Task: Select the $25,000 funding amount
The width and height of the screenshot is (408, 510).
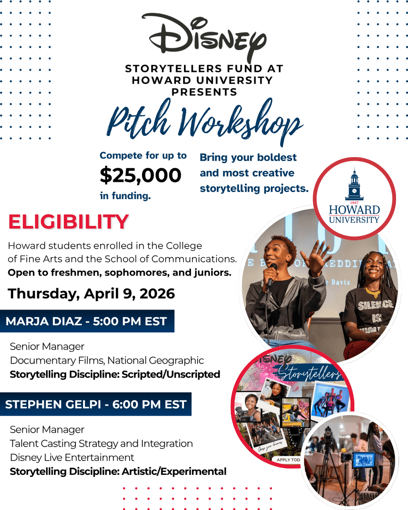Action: [x=140, y=175]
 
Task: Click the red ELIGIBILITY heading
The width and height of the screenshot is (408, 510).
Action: [x=68, y=222]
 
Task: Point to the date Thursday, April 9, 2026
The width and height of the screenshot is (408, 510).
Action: [x=91, y=294]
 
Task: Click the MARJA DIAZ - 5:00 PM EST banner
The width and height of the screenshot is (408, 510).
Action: [x=86, y=321]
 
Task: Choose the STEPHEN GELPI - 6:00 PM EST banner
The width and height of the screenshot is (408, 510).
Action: [x=96, y=404]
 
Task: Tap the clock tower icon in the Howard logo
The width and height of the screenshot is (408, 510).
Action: [x=354, y=185]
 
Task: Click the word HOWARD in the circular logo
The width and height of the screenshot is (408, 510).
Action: [x=354, y=210]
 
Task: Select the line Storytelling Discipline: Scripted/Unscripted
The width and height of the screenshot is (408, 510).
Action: [x=115, y=374]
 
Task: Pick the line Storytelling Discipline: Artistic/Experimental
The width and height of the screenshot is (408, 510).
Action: [x=118, y=472]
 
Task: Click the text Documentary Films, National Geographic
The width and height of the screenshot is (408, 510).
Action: [x=107, y=360]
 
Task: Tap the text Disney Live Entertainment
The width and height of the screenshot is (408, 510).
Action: [x=72, y=457]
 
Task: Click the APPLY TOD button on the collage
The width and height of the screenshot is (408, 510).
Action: [x=288, y=460]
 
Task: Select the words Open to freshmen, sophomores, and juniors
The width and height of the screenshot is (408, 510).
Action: [x=120, y=273]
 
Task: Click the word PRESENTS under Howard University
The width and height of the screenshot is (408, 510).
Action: [x=204, y=92]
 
